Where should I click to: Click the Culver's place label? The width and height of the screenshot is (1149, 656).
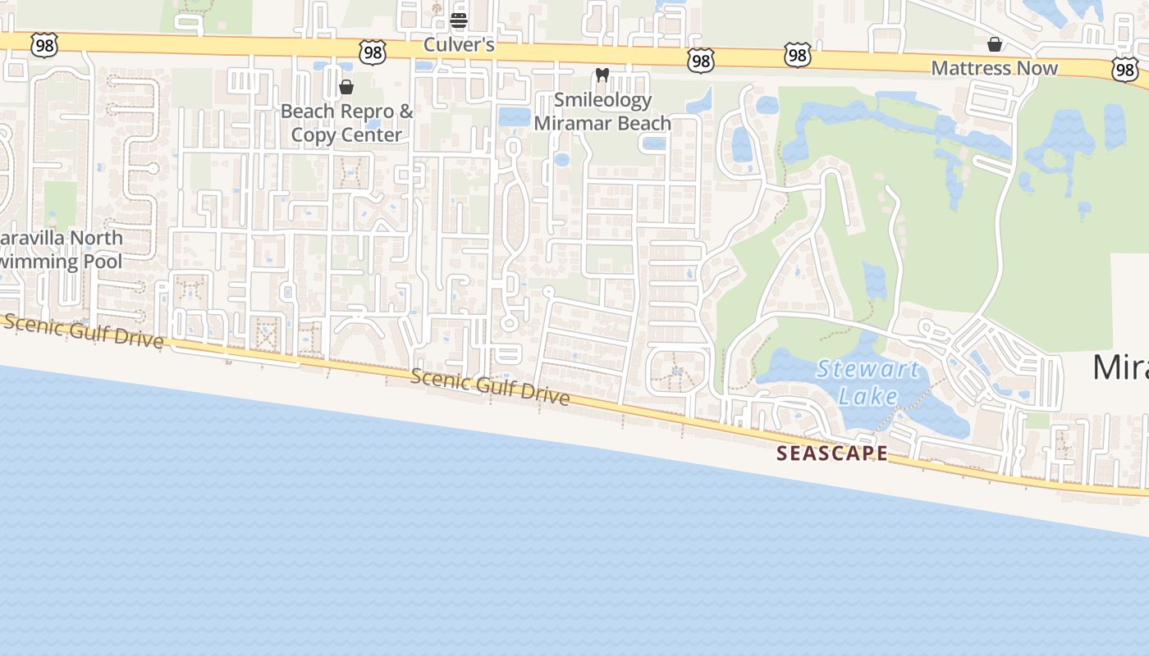click(x=459, y=45)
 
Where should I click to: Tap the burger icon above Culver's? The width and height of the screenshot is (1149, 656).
click(x=459, y=20)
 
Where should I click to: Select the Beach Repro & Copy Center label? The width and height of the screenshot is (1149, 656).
click(x=346, y=123)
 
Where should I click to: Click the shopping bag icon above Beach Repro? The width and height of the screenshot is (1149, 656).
click(x=346, y=87)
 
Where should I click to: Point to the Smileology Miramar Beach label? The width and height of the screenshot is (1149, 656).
click(x=602, y=112)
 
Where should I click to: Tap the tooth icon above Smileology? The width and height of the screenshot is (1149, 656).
click(x=602, y=75)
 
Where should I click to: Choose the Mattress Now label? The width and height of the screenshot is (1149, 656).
click(x=994, y=68)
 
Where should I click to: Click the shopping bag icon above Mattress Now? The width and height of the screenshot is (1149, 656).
click(x=994, y=44)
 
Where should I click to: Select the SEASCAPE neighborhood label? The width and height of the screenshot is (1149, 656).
click(x=832, y=453)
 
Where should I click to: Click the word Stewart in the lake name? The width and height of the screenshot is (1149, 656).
click(x=867, y=369)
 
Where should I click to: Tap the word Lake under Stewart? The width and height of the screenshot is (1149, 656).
click(x=868, y=397)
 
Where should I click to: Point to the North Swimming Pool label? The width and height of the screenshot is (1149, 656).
click(x=61, y=250)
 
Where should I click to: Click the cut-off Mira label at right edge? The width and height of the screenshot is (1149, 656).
click(x=1120, y=368)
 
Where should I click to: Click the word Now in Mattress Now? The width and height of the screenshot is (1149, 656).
click(x=1037, y=68)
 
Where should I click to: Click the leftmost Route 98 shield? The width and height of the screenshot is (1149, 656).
click(x=44, y=46)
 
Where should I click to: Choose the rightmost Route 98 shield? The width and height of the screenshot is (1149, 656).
click(x=1125, y=71)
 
